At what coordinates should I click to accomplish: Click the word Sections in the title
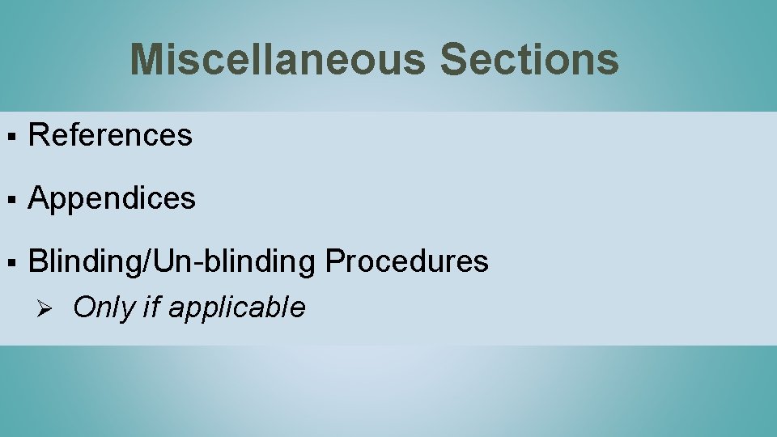(529, 60)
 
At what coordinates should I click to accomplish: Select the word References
(111, 135)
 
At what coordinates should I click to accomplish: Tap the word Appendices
(112, 198)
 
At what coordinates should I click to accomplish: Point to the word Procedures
(406, 261)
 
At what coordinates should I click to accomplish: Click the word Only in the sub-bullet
(104, 308)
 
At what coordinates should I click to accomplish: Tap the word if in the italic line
(151, 308)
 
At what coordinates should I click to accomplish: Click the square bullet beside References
(10, 136)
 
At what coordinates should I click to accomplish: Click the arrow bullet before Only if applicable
(45, 308)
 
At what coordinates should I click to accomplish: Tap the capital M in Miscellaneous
(148, 60)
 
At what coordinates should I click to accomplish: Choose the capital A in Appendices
(38, 198)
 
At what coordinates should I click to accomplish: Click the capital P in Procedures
(333, 261)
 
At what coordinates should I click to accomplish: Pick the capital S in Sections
(454, 60)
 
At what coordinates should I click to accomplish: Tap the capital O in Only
(83, 308)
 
